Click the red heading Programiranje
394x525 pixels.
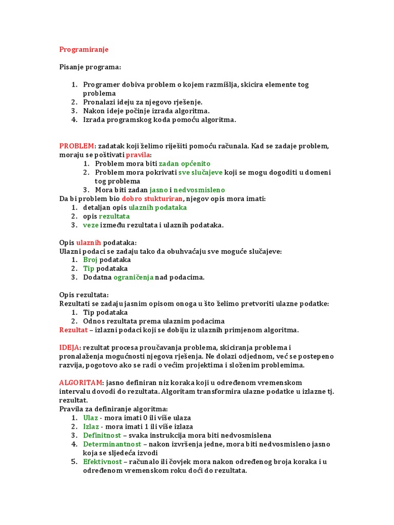pos(84,49)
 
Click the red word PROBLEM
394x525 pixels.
pos(77,146)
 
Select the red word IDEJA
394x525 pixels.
pos(70,348)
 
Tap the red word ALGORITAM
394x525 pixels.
pos(81,382)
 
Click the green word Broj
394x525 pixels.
pos(90,259)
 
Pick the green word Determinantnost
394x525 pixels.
pos(109,444)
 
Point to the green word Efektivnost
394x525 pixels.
pos(103,461)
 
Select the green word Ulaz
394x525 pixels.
pos(90,417)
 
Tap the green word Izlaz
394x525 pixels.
pos(91,426)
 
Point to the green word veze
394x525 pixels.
pos(90,225)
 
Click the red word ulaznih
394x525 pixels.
pos(89,242)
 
